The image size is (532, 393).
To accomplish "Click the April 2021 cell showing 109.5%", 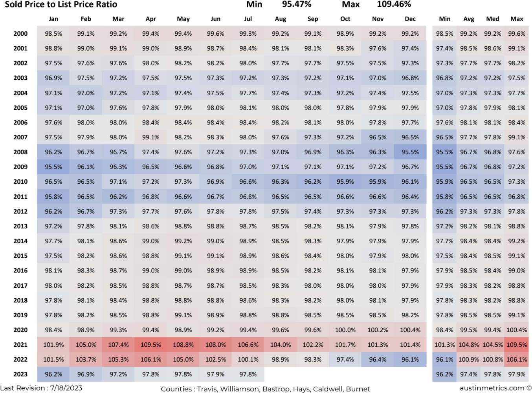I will pyautogui.click(x=151, y=345).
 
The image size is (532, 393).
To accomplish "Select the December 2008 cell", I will pyautogui.click(x=410, y=152).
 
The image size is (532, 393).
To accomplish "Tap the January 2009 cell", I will pyautogui.click(x=53, y=167).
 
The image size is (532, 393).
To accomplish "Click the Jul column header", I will pyautogui.click(x=248, y=19).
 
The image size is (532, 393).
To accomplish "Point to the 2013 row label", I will pyautogui.click(x=20, y=226).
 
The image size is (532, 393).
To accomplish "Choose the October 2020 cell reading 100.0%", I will pyautogui.click(x=345, y=330).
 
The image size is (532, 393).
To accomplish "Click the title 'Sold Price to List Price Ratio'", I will pyautogui.click(x=61, y=5).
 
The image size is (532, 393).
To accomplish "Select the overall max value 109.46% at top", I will pyautogui.click(x=394, y=4).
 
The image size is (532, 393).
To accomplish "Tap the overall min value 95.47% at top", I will pyautogui.click(x=297, y=4).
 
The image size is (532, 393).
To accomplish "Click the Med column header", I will pyautogui.click(x=493, y=19).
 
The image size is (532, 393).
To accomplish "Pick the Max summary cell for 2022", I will pyautogui.click(x=517, y=360).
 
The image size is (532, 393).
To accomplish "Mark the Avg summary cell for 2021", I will pyautogui.click(x=469, y=345).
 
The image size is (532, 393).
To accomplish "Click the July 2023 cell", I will pyautogui.click(x=248, y=375).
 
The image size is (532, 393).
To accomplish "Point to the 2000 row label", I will pyautogui.click(x=20, y=34).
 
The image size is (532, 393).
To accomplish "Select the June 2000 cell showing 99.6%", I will pyautogui.click(x=216, y=34).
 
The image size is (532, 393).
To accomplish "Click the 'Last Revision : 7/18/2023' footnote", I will pyautogui.click(x=41, y=388).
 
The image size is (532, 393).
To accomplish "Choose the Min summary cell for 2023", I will pyautogui.click(x=445, y=375).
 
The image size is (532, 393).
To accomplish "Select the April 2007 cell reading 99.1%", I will pyautogui.click(x=151, y=137).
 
